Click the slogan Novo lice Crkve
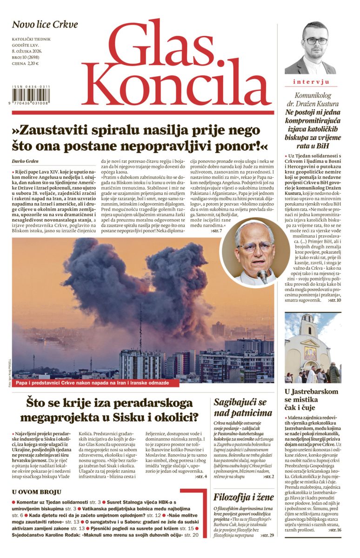pos(45,25)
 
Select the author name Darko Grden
pos(27,161)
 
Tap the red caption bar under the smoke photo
pos(91,383)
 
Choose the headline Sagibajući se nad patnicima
pos(243,407)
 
